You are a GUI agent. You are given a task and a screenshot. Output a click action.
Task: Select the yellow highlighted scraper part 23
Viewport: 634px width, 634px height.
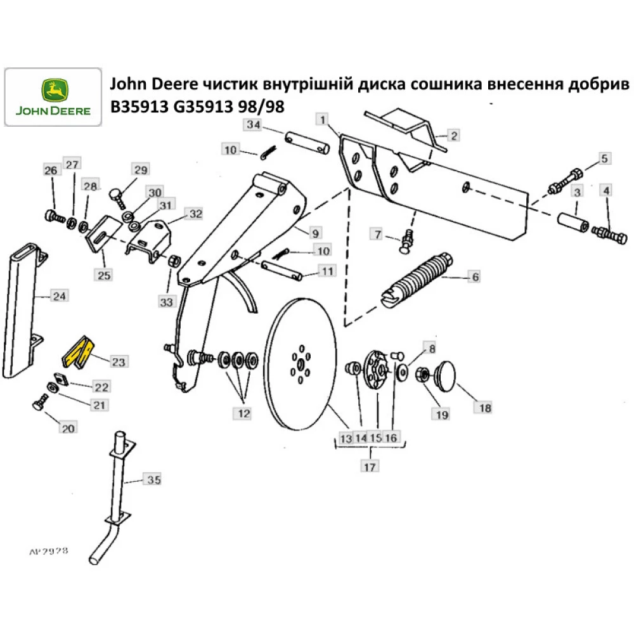click(79, 352)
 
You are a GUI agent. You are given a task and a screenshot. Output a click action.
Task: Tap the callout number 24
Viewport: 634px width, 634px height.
click(59, 296)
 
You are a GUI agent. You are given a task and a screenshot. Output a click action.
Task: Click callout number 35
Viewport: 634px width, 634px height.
click(153, 480)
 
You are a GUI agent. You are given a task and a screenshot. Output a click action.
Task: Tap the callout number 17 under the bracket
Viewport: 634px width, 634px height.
click(370, 467)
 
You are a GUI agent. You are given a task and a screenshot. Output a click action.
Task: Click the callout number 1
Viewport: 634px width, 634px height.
click(323, 119)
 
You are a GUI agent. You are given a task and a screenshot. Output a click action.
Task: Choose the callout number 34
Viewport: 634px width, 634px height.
click(253, 126)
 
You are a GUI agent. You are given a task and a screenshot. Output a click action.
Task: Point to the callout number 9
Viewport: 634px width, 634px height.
click(316, 232)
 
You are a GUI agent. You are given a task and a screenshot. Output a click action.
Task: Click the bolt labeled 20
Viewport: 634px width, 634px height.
click(39, 404)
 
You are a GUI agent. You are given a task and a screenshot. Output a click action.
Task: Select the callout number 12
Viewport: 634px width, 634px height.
click(243, 413)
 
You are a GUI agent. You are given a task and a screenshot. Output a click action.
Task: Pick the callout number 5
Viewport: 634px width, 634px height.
click(604, 158)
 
